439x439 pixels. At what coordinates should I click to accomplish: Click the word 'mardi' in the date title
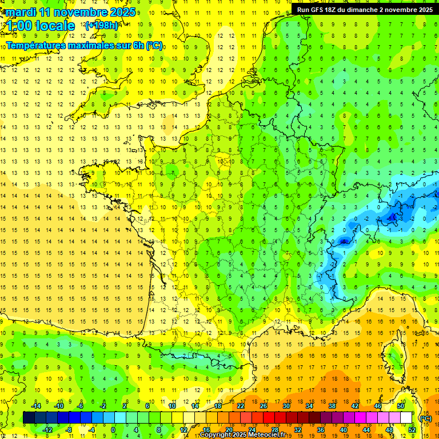click(x=19, y=12)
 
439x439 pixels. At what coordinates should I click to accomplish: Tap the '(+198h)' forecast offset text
click(x=101, y=25)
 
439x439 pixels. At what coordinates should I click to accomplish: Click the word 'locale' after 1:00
click(x=55, y=26)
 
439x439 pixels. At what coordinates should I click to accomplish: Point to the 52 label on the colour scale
click(x=412, y=429)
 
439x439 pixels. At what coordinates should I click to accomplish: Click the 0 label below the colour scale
click(x=113, y=429)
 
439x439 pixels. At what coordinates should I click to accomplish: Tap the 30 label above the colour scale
click(x=285, y=405)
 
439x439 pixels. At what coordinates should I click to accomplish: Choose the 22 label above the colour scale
click(x=241, y=405)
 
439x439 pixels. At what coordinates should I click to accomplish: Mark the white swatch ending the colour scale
click(x=406, y=417)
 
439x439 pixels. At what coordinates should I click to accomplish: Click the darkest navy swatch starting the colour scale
click(x=29, y=417)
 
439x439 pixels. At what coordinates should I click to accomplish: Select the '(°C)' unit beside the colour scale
click(x=425, y=418)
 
